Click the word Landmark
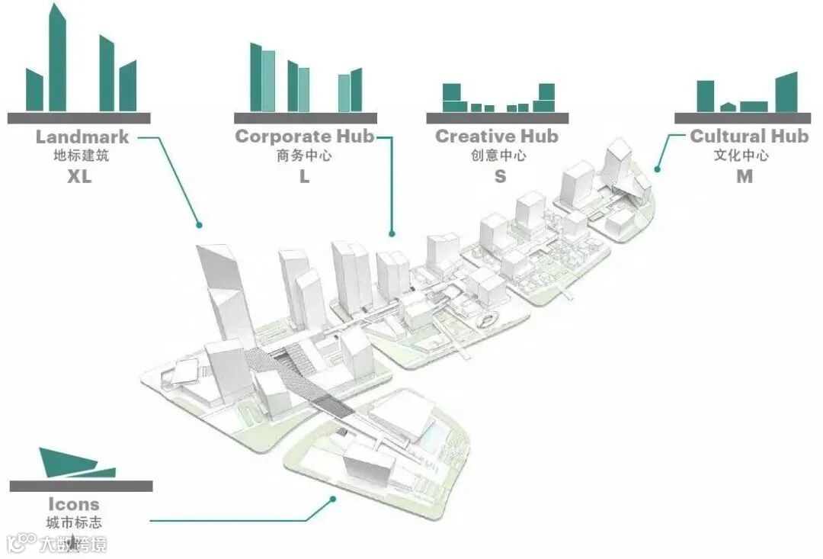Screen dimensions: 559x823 (82, 137)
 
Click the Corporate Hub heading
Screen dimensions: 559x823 (304, 137)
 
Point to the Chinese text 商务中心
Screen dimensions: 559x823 (304, 156)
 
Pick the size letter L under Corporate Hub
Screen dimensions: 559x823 (304, 176)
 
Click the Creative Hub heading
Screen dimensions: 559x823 (497, 137)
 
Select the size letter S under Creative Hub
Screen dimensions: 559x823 (500, 176)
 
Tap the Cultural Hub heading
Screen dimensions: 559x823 (748, 137)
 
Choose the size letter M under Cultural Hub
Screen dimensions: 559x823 (745, 176)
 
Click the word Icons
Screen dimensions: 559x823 (74, 504)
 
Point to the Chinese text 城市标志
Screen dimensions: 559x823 (74, 523)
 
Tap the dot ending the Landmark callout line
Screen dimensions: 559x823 (199, 225)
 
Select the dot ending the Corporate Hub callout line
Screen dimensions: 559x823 (392, 233)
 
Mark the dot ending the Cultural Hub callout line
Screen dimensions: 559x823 (656, 169)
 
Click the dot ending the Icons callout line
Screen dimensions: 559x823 (333, 500)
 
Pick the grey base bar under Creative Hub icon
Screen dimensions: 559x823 (497, 117)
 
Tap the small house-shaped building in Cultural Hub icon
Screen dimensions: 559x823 (729, 107)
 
